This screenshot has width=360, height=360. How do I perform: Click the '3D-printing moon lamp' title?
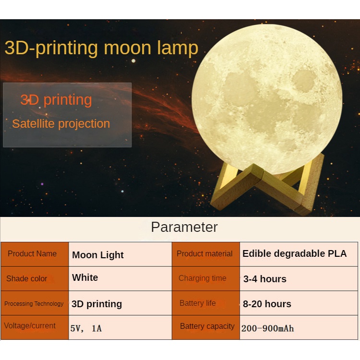coord(101,48)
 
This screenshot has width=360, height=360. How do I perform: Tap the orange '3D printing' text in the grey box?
coord(56,100)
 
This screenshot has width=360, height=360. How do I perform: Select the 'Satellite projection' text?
coord(61,124)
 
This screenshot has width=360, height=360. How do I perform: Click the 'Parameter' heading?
coord(184,227)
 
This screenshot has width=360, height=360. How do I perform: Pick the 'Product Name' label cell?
coord(35,254)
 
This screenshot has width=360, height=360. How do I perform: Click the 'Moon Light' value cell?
coord(120,254)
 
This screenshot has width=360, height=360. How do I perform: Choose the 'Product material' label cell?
coord(206,254)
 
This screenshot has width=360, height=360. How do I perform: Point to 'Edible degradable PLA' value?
coord(295,253)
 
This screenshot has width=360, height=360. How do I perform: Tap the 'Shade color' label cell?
coord(35,278)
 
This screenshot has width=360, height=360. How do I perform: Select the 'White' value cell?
coord(120,278)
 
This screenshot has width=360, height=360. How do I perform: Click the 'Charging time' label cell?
coord(206,278)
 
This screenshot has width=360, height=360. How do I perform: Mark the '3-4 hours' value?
coord(264,279)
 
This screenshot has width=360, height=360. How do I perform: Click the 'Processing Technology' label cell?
coord(35,303)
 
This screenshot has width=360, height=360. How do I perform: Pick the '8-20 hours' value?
coord(267,304)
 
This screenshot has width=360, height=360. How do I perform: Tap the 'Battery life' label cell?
coord(206,303)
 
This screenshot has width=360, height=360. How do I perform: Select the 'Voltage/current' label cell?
coord(35,327)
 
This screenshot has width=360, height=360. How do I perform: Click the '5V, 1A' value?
coord(86,328)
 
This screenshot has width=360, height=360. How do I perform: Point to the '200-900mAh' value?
coord(267,328)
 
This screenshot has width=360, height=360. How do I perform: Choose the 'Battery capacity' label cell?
coord(206,327)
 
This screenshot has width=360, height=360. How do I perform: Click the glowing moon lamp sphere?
coord(267,99)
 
